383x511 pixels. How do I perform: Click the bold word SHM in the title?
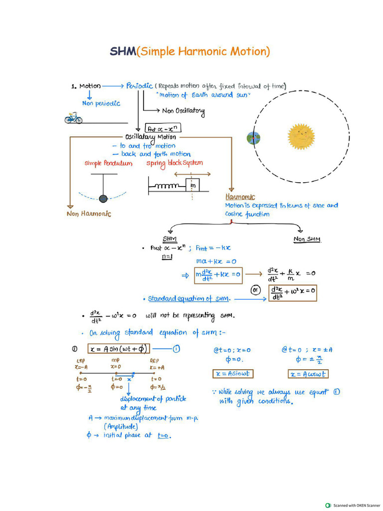(123, 51)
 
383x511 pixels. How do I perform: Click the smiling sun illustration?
(301, 136)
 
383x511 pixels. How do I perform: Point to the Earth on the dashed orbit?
(254, 138)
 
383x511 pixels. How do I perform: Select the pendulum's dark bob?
(103, 198)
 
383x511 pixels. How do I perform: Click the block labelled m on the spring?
(192, 186)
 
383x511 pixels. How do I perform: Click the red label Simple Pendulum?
(109, 164)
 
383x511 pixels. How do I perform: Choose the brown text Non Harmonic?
(89, 214)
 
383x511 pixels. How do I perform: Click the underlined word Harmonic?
(240, 197)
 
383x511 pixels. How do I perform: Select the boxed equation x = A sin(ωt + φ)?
(119, 349)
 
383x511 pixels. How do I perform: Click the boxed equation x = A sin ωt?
(233, 374)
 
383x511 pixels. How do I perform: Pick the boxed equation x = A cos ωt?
(308, 374)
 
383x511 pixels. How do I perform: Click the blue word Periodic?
(139, 86)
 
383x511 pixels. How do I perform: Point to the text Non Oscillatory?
(183, 111)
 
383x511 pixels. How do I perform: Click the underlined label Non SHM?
(307, 239)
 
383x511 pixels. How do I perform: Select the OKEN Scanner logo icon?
(328, 505)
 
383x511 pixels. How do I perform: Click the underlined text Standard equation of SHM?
(189, 298)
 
